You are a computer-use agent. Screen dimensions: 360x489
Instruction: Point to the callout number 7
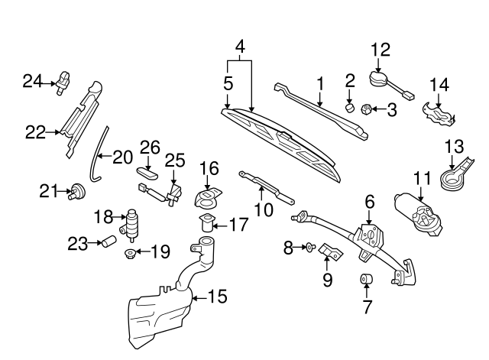[367, 308]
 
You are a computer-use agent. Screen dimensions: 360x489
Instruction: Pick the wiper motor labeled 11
[417, 209]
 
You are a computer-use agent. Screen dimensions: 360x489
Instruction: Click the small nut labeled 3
[366, 109]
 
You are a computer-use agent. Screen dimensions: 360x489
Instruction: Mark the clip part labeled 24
[63, 79]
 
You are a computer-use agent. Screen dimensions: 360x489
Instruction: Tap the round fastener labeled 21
[76, 190]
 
